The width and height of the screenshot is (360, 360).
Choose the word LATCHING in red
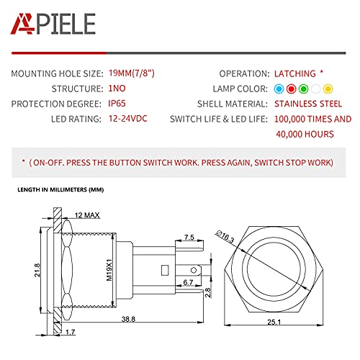[x=295, y=73]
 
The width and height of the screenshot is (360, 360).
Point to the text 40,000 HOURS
[x=305, y=134]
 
